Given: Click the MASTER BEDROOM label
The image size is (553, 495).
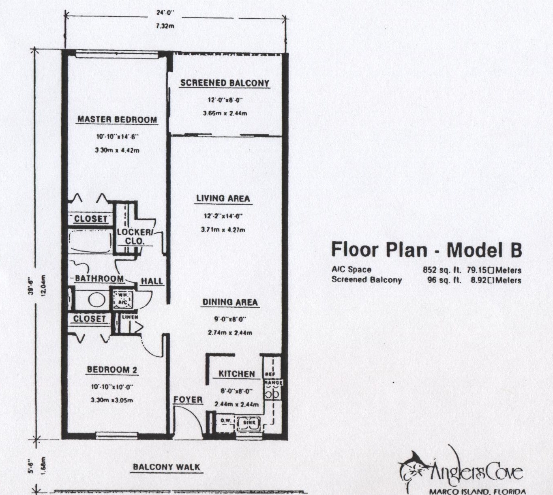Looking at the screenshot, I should (x=117, y=120).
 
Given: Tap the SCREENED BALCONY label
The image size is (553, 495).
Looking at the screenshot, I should (x=225, y=83).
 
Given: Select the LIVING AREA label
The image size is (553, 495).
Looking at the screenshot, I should (x=223, y=199).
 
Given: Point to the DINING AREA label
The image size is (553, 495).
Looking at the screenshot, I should (x=230, y=302).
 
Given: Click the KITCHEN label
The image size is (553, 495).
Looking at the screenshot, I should (x=237, y=374).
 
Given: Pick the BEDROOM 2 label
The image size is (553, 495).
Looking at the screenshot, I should (x=112, y=370).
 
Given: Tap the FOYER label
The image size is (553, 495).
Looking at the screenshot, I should (x=188, y=400).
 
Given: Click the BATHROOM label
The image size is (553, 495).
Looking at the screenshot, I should (x=99, y=279).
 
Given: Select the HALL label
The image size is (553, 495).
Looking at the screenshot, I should (x=152, y=281).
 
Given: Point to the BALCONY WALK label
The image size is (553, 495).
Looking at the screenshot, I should (x=167, y=467).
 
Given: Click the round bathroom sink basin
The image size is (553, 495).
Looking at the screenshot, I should (x=96, y=300).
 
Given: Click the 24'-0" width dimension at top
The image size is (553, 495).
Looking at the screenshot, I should (x=165, y=13).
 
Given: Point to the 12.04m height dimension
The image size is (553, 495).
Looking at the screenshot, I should (x=44, y=286).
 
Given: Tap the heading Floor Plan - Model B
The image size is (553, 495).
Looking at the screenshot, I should (x=427, y=250).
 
